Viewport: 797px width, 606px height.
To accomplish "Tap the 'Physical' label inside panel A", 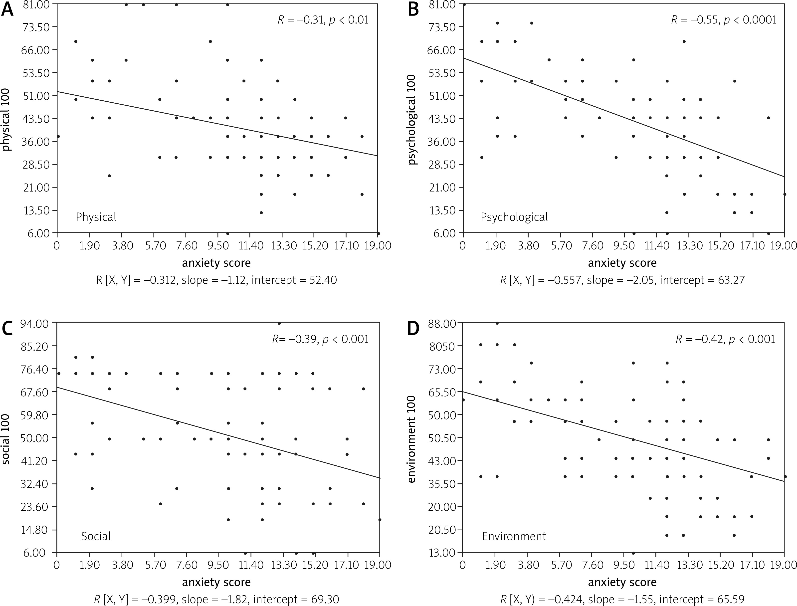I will click(x=96, y=217).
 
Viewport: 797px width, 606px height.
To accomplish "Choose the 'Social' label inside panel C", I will click(x=96, y=536).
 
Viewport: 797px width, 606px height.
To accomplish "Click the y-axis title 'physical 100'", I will click(x=6, y=120).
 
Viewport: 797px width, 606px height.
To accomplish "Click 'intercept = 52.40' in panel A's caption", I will click(x=294, y=280).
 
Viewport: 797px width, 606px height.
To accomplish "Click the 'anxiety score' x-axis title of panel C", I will click(x=216, y=582).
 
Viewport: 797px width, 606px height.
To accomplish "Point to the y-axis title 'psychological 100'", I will click(x=412, y=120).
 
